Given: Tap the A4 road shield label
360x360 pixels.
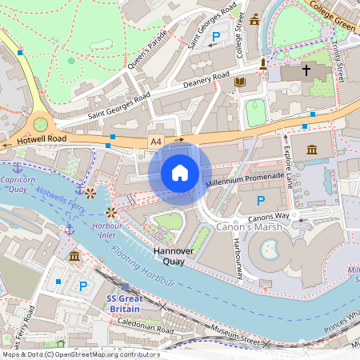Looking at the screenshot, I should coord(156,141).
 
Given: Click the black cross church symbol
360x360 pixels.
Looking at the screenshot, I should coord(306,70).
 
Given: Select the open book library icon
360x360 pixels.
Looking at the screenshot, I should coord(239,82).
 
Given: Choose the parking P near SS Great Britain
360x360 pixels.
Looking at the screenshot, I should coord(82,286).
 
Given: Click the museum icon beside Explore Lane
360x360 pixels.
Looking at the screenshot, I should coord(311,150).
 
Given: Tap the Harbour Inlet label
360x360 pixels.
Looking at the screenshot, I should coord(108,230).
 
